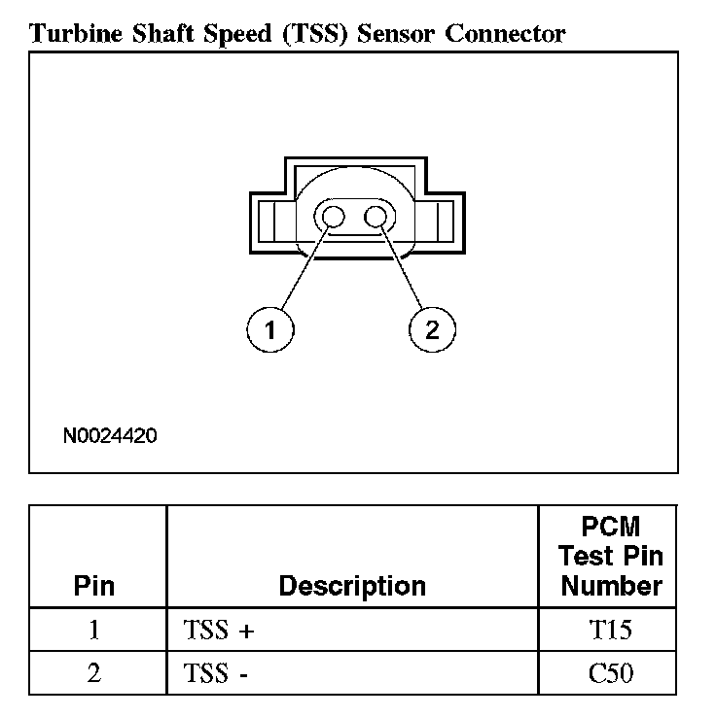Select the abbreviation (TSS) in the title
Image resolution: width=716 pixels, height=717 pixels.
tap(317, 34)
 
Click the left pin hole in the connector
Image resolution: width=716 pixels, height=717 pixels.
tap(333, 218)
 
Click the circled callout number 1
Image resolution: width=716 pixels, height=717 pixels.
tap(270, 330)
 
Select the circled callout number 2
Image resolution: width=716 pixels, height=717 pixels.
tap(432, 330)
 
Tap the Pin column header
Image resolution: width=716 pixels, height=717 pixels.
tap(94, 586)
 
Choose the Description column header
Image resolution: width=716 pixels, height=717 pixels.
tap(352, 586)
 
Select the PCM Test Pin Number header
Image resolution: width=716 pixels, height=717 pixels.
tap(612, 556)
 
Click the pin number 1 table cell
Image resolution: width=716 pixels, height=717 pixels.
tap(94, 630)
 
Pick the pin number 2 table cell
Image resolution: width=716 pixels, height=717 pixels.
tap(94, 672)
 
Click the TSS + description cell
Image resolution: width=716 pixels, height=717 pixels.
tap(218, 630)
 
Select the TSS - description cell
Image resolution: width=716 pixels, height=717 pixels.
tap(215, 672)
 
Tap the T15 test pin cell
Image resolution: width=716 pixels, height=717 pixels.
tap(611, 630)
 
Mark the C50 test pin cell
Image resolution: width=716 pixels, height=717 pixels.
tap(611, 672)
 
